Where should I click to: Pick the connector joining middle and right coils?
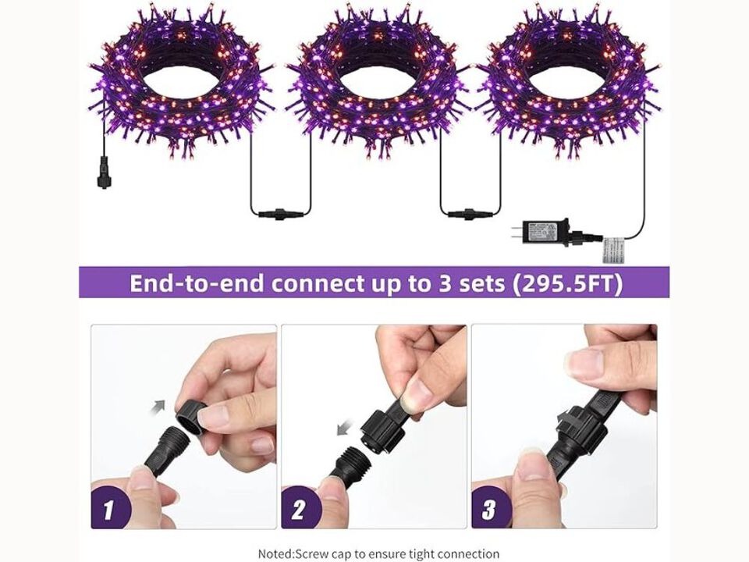point(470,212)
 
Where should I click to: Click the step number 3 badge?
point(489,510)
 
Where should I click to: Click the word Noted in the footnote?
point(275,553)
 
